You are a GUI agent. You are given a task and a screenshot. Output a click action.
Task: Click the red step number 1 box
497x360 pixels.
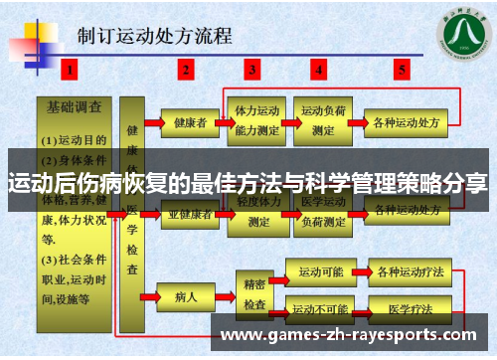click(69, 70)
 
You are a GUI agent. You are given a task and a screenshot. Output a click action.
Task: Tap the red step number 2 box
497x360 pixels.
click(186, 70)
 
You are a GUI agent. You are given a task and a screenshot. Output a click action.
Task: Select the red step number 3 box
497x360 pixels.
click(254, 70)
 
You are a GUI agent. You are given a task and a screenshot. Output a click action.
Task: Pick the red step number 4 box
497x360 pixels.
click(319, 70)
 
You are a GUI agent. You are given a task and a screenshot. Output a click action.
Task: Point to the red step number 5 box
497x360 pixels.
click(402, 70)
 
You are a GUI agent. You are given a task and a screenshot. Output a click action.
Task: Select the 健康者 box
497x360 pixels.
click(189, 123)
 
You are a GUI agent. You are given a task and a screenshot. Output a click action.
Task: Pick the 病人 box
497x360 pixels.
click(187, 295)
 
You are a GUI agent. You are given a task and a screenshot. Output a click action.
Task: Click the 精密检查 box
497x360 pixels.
click(254, 288)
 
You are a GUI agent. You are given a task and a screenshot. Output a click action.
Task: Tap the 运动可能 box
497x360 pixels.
click(320, 270)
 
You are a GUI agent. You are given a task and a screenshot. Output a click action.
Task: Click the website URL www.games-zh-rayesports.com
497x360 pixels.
click(354, 332)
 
